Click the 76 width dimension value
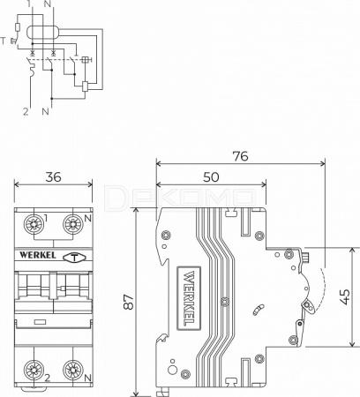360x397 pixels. (240, 156)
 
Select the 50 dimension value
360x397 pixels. (211, 177)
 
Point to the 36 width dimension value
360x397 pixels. (53, 177)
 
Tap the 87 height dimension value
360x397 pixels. (129, 302)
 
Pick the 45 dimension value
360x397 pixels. (345, 297)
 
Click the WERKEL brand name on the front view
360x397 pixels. (37, 255)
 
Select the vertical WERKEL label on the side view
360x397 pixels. (189, 298)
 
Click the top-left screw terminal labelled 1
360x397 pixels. (34, 224)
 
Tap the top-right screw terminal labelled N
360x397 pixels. (73, 224)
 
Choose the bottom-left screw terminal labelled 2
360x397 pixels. (34, 370)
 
